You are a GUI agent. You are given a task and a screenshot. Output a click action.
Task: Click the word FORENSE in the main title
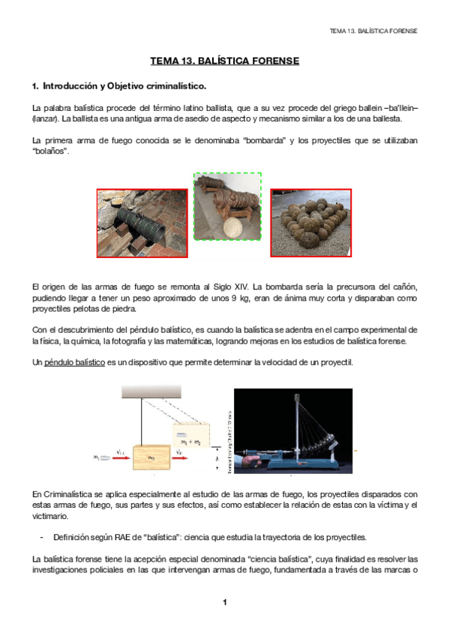click(272, 60)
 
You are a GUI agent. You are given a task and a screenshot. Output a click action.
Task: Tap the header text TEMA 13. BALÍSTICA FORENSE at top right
click(373, 31)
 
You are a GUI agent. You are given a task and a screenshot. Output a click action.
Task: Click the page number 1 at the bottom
click(224, 603)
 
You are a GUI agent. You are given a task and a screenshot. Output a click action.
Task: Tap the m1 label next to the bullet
click(97, 454)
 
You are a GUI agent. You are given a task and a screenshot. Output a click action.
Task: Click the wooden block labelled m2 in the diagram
click(153, 456)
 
